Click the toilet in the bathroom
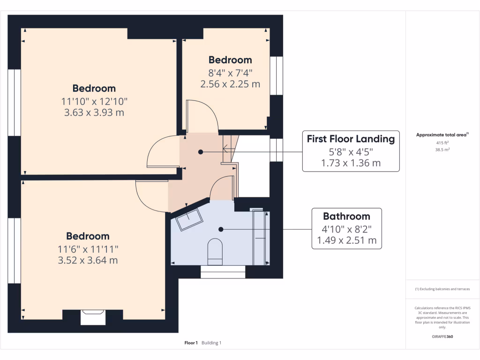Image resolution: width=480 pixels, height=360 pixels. point(215,248)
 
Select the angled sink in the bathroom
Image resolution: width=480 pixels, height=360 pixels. point(189,219)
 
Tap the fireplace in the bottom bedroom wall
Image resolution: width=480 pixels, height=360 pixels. point(92,317)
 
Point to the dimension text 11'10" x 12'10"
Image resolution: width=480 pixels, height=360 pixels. point(94,101)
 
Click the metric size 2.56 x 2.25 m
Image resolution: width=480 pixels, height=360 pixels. point(230,84)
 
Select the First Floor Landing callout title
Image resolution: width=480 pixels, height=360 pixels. point(351,139)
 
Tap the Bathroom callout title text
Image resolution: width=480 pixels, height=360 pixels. point(346,216)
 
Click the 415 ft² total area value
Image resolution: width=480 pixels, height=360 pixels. point(442,142)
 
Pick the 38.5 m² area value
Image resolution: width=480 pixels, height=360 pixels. point(442,150)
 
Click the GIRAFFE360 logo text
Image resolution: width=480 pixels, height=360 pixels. point(442,337)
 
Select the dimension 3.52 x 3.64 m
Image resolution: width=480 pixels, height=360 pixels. point(88,260)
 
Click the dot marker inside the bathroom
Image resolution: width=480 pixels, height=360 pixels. point(221,229)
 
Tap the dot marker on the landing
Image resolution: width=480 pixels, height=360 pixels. point(201,152)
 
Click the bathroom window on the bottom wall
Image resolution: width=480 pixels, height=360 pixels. point(223,272)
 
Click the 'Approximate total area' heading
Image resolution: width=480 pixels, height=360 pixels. point(442,135)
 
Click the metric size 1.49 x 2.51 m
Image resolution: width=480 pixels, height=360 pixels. point(346,240)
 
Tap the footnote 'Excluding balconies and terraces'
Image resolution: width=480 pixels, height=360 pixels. point(442,289)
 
